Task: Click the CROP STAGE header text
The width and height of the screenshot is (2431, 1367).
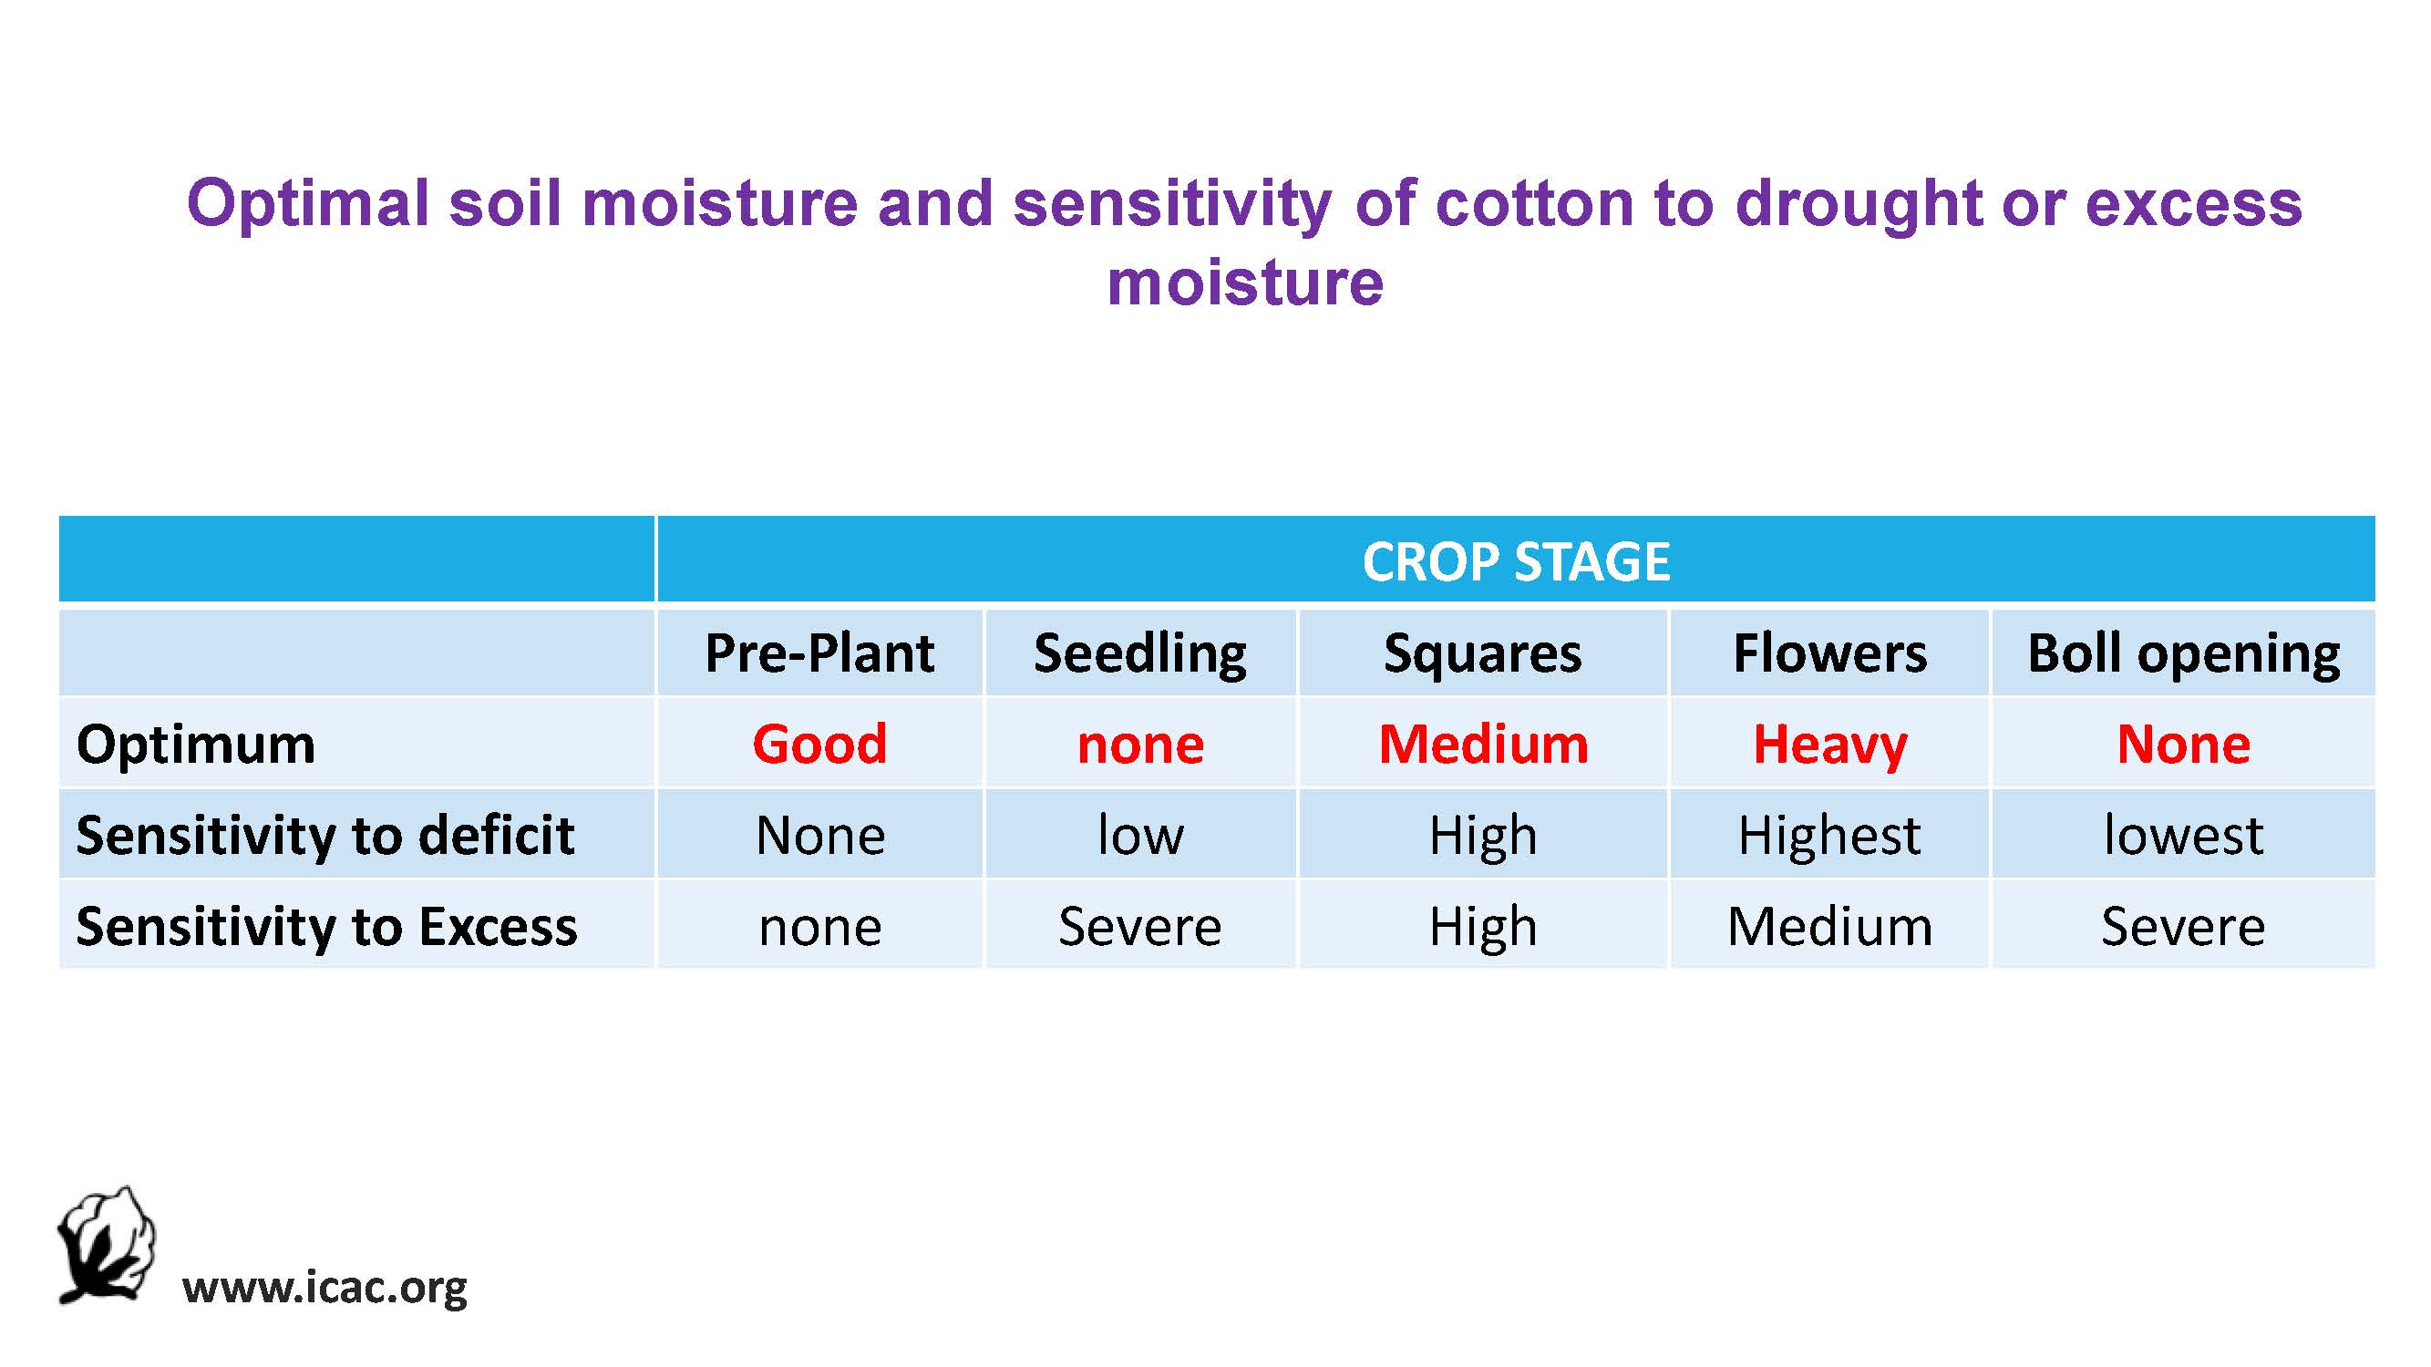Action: (x=1516, y=561)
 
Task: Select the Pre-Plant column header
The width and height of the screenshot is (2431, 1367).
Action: (x=819, y=653)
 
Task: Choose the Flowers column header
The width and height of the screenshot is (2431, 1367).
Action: (x=1829, y=653)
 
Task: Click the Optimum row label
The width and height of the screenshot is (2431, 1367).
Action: (x=195, y=745)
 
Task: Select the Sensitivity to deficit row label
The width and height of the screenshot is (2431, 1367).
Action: (x=325, y=836)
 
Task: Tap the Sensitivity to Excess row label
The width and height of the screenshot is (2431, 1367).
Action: (x=326, y=927)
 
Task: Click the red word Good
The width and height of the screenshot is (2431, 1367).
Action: (x=819, y=744)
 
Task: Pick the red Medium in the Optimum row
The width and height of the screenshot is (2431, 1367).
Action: (x=1484, y=744)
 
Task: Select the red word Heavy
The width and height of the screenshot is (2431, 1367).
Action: (x=1829, y=745)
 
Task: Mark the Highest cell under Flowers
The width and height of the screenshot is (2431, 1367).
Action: (x=1829, y=836)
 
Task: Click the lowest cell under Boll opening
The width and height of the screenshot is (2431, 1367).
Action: (x=2184, y=835)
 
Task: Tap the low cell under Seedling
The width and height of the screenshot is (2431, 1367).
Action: (x=1140, y=835)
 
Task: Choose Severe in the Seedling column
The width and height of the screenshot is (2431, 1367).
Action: (x=1140, y=927)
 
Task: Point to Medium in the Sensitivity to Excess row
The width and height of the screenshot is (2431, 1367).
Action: (x=1829, y=927)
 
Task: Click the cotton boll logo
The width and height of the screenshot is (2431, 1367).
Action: (x=106, y=1244)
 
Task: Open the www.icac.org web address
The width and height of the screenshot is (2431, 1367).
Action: (x=324, y=1289)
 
